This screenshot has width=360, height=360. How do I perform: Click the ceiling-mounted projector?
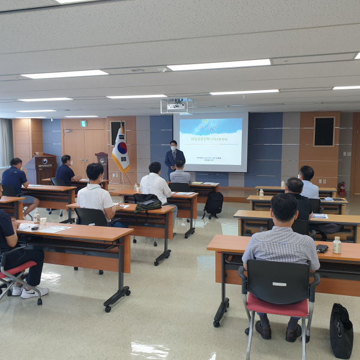click(x=176, y=106)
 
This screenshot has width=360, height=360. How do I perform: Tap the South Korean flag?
click(x=121, y=150)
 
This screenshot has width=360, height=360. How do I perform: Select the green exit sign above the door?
click(x=83, y=124)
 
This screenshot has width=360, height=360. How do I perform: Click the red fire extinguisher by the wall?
click(x=342, y=189)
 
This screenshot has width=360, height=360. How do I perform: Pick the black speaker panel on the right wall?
click(x=324, y=131)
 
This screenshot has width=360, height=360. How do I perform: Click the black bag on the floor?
click(x=341, y=331)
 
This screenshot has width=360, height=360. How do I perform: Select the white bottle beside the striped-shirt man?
click(x=337, y=245)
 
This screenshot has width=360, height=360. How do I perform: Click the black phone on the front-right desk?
click(x=322, y=248)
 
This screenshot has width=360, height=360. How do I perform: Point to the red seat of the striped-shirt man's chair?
click(x=277, y=307)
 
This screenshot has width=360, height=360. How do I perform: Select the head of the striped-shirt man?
click(x=284, y=208)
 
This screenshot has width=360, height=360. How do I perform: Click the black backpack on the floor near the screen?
click(x=213, y=204)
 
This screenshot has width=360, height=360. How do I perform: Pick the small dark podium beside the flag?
click(x=103, y=165)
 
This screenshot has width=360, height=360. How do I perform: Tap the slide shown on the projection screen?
click(x=210, y=142)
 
